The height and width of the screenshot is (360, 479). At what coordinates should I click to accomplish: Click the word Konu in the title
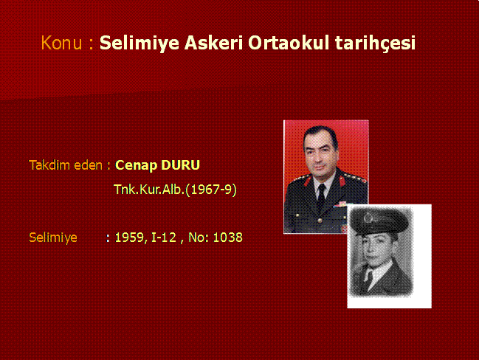pos(61,43)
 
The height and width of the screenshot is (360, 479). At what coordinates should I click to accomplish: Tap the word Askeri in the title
pos(213,42)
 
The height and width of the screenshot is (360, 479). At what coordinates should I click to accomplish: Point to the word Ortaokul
pos(289,42)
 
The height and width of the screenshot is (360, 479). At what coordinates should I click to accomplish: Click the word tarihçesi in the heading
pos(375,43)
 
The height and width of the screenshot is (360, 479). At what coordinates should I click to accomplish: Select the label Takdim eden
pos(66,165)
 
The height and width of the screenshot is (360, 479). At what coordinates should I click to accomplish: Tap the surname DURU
pos(180,165)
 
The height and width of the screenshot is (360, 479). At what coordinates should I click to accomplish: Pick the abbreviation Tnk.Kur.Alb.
pos(149,190)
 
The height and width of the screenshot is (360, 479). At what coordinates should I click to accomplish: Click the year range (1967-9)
pos(211,190)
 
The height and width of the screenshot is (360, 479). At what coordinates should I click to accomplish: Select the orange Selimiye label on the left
pos(53,238)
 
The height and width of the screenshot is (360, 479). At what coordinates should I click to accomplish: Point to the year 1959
pos(129,238)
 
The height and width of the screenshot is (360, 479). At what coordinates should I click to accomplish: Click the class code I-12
pos(164,238)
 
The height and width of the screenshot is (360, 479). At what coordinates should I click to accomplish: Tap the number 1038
pos(227,238)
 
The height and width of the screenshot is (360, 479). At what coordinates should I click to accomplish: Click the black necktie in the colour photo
pos(321,197)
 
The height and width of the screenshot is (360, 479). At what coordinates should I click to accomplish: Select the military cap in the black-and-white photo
pos(379,221)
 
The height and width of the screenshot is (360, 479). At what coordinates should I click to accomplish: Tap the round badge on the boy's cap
pos(368,218)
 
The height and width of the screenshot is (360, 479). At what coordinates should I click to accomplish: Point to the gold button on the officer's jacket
pos(320,221)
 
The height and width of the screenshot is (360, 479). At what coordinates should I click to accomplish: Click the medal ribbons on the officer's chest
pos(341,204)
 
